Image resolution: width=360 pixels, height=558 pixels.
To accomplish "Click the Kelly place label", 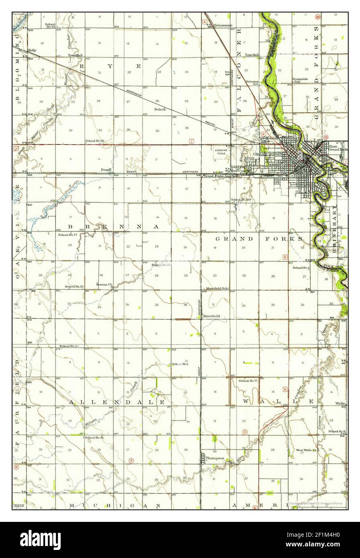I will (33, 51).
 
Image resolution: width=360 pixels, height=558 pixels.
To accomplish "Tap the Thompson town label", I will (215, 458).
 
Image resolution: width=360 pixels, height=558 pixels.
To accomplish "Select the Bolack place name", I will (160, 109).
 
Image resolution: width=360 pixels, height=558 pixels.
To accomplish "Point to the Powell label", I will (106, 170).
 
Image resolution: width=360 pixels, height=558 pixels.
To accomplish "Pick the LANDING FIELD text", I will (221, 152).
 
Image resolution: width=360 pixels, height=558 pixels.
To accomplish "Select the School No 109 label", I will (241, 200).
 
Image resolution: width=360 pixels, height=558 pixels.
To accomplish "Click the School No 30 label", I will (95, 141).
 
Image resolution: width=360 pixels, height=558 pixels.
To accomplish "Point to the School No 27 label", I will (67, 234).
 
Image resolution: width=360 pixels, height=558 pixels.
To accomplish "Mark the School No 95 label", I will (74, 287).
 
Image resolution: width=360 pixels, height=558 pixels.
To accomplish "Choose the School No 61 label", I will (94, 437).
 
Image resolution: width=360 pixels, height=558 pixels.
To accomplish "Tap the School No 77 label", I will (248, 380).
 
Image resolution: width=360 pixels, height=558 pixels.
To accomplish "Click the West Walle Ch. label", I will (307, 450).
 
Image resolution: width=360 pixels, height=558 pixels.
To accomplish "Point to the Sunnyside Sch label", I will (300, 80).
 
